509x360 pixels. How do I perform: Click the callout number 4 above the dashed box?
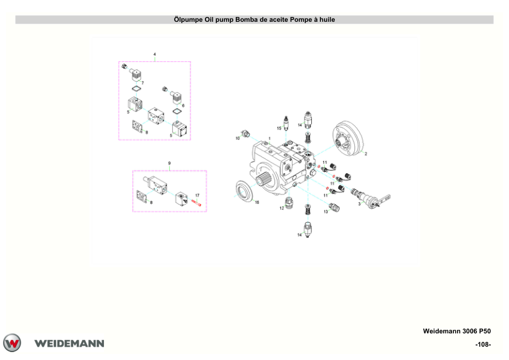(x=155, y=54)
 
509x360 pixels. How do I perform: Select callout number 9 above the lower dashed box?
(x=169, y=163)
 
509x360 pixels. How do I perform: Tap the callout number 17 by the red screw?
(x=197, y=195)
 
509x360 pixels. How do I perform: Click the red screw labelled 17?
(x=196, y=203)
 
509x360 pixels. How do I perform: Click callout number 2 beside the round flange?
(x=366, y=154)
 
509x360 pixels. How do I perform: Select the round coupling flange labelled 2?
(x=348, y=140)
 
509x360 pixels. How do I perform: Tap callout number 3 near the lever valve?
(x=359, y=204)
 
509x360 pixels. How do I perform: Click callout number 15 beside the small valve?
(x=279, y=128)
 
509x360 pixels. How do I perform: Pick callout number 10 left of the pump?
(x=238, y=138)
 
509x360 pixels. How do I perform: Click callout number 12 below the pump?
(x=282, y=208)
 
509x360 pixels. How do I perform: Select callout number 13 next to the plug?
(x=326, y=212)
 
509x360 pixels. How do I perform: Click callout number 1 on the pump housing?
(x=270, y=139)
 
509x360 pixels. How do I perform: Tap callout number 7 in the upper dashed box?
(x=143, y=83)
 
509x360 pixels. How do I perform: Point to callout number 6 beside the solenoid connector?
(x=183, y=105)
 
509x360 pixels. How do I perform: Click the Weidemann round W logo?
(x=12, y=343)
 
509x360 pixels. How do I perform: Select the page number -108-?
(x=483, y=344)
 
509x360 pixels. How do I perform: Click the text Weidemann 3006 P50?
(x=457, y=331)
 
